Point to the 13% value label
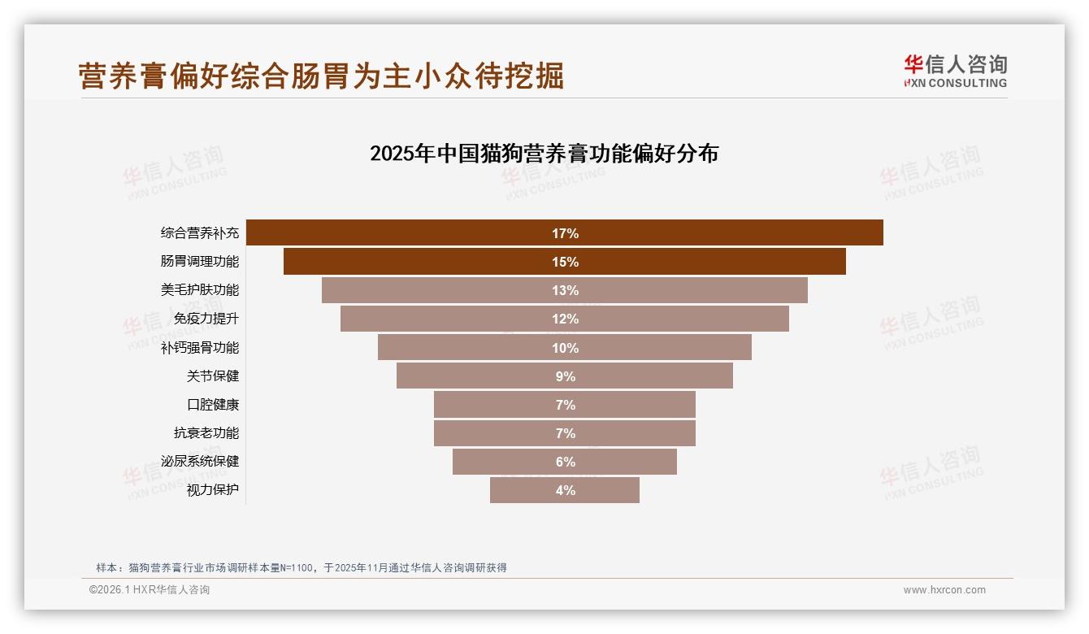coord(565,290)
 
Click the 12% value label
coord(565,319)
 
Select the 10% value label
coord(565,348)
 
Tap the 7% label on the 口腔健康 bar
coord(565,405)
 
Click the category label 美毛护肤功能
coord(200,290)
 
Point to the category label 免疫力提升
coord(206,319)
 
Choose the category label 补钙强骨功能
coord(200,348)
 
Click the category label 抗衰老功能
coord(206,433)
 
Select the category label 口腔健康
coord(213,405)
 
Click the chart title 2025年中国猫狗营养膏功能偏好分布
coord(544,154)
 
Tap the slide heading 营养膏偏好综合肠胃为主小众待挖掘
coord(321,76)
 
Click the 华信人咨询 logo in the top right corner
coord(955,71)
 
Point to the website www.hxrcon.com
coord(944,590)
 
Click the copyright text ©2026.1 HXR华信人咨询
coord(150,590)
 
